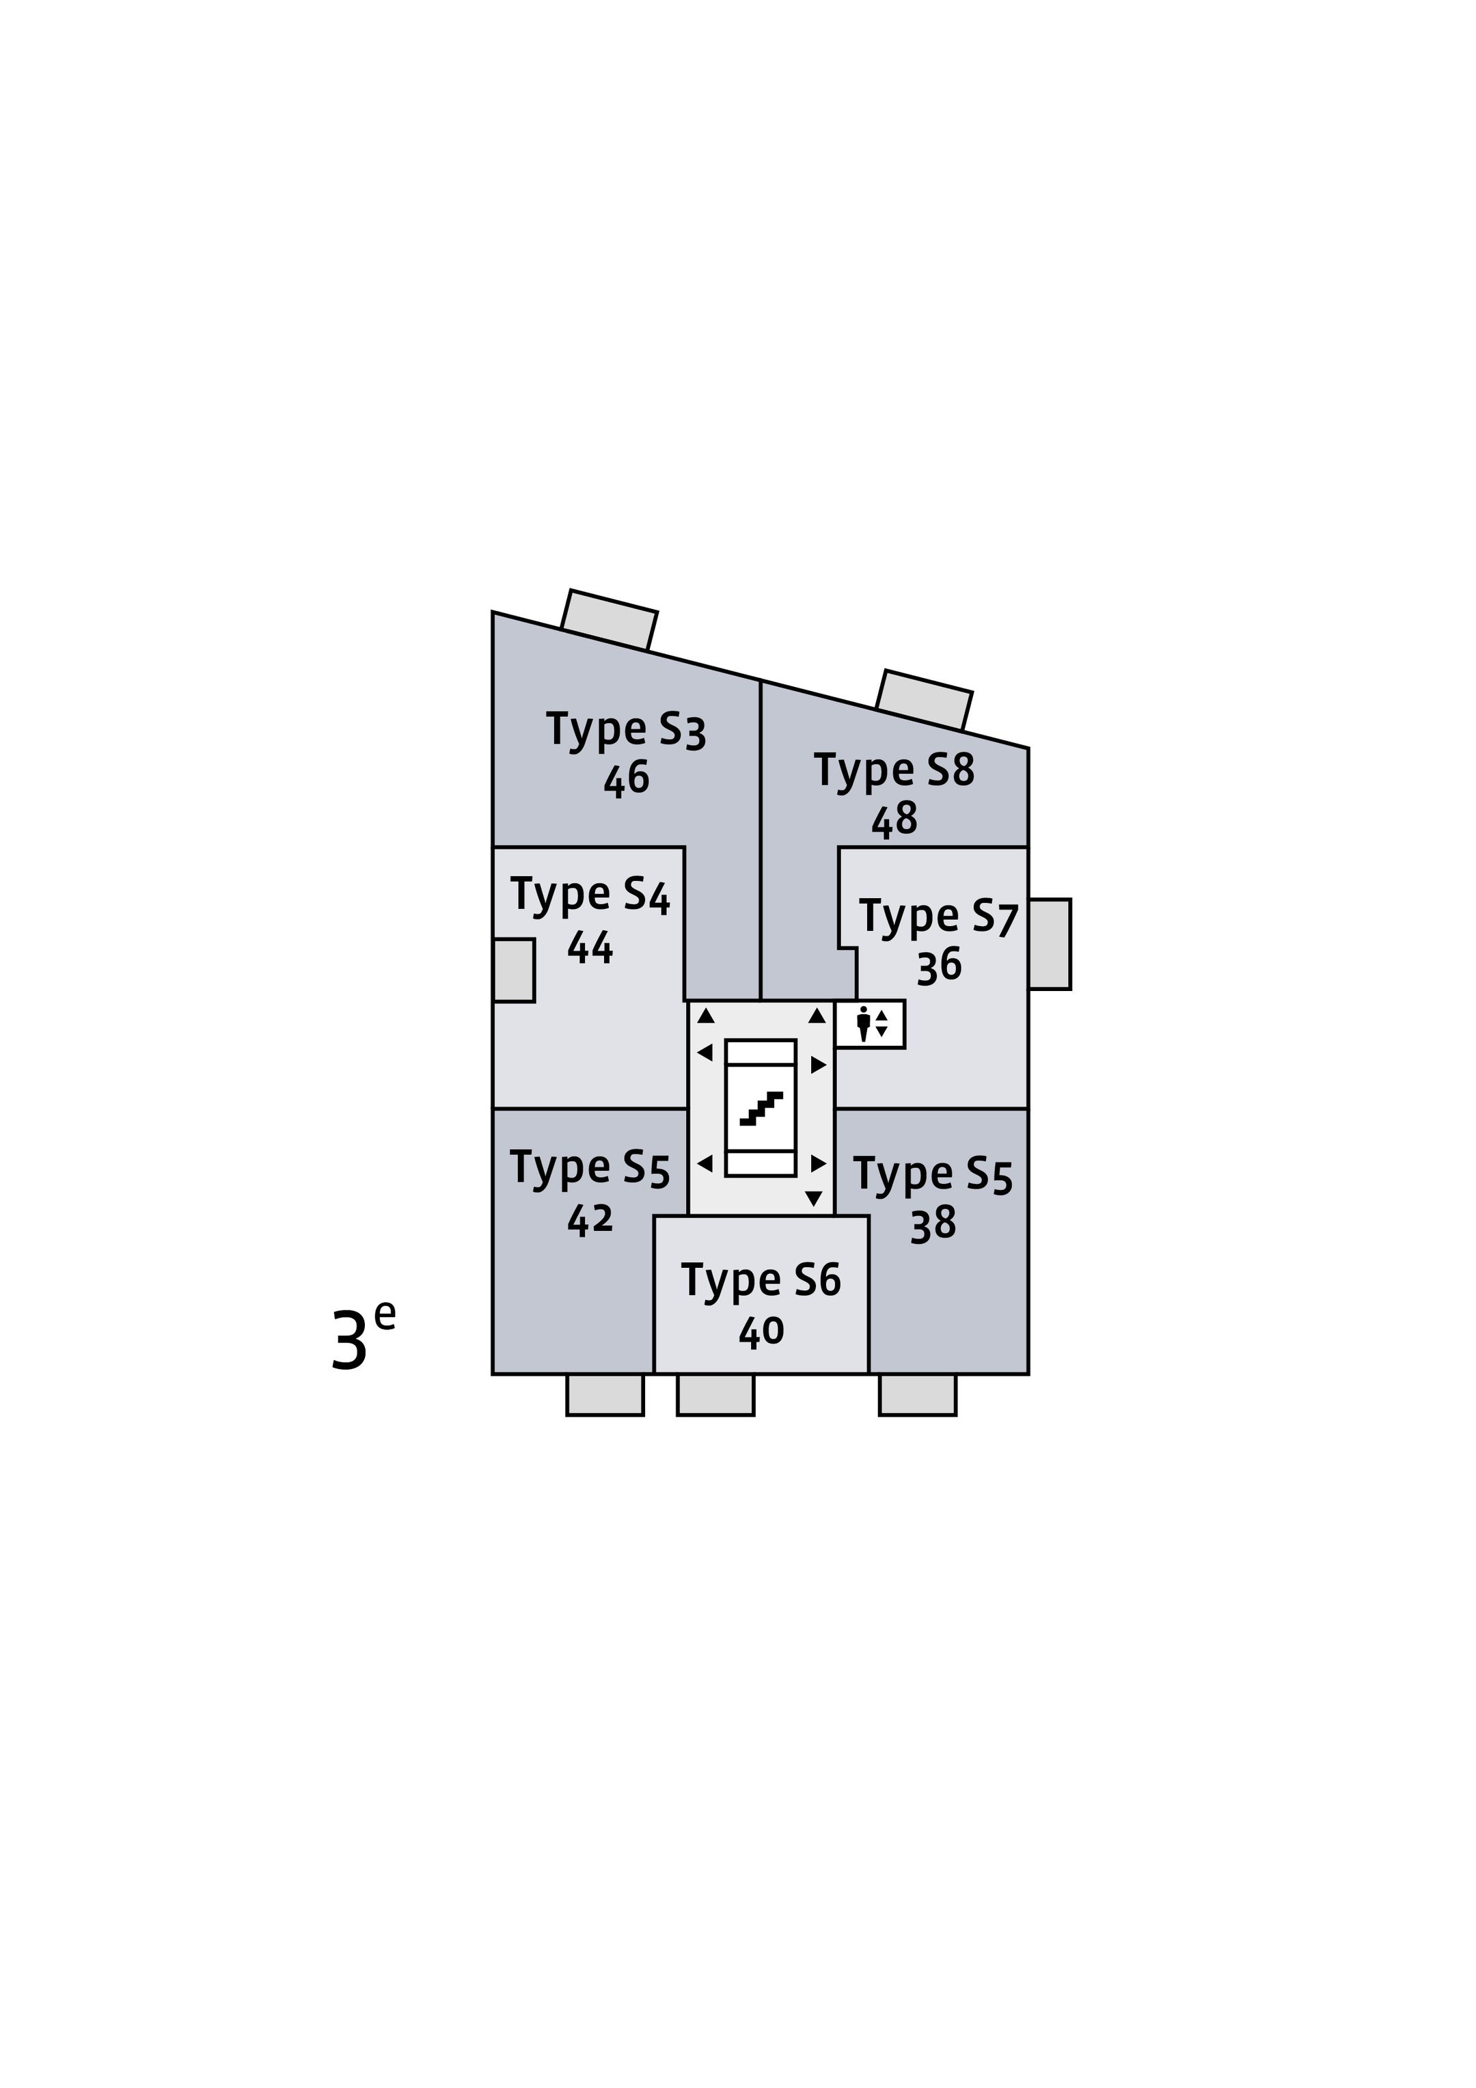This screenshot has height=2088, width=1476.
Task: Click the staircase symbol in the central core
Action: [761, 1108]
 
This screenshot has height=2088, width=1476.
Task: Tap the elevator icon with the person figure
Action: [871, 1024]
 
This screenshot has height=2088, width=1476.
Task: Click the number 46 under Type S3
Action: [627, 778]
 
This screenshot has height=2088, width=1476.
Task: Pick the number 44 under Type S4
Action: [590, 947]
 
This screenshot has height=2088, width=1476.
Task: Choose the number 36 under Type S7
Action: [940, 966]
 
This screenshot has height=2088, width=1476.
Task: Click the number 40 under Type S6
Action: [761, 1331]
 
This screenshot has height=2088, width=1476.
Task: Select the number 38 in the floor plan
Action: [933, 1224]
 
